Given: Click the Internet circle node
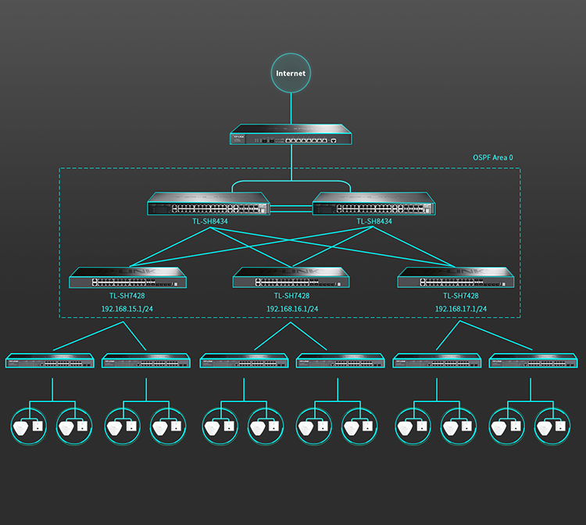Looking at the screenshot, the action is click(291, 73).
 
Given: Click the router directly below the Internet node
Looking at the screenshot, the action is click(291, 135).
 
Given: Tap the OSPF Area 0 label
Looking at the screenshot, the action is click(493, 157).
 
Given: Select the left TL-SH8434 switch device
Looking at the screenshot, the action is click(209, 203).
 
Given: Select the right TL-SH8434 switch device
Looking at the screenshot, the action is click(373, 203).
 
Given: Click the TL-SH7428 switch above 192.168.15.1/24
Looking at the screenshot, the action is click(127, 277).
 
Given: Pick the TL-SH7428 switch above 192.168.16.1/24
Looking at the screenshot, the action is click(291, 277).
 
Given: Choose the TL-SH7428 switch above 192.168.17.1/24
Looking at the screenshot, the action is click(456, 277).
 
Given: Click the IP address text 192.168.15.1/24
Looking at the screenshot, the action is click(127, 309).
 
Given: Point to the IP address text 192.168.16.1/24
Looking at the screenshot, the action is click(292, 309).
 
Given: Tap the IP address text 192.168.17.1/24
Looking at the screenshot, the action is click(461, 309).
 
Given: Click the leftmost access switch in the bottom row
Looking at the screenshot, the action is click(50, 361).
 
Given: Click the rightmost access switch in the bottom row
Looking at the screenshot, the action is click(534, 361).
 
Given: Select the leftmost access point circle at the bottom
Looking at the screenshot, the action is click(29, 426).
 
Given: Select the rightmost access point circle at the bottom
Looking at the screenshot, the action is click(552, 426).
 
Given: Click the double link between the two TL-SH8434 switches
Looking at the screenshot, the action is click(291, 208).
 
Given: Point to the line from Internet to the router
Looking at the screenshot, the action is click(291, 109).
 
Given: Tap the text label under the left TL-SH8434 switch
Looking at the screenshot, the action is click(210, 221).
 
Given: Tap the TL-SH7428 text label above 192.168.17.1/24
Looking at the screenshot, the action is click(461, 296).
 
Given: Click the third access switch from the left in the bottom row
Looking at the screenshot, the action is click(244, 361).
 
